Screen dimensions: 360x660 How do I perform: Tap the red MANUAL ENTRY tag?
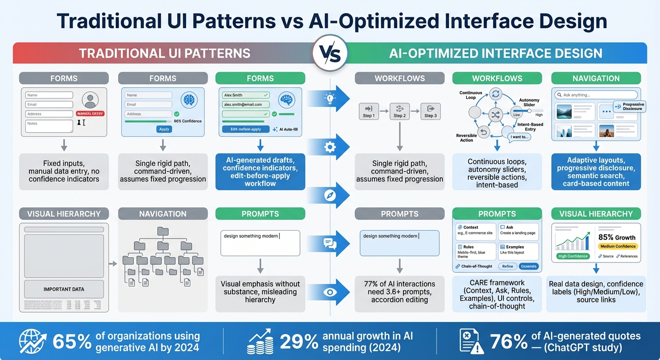(90, 113)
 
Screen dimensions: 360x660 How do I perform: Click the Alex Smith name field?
(246, 95)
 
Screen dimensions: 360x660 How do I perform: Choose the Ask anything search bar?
(596, 95)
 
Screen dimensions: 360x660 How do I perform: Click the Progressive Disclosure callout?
(629, 107)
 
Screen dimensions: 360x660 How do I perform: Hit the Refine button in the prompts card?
(508, 266)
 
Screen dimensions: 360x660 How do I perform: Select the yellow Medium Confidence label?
(618, 246)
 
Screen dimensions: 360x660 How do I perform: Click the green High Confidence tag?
(572, 256)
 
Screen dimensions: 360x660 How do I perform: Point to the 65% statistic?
(72, 342)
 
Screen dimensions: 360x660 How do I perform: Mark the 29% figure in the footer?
(299, 342)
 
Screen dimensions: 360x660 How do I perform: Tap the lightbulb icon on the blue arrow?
(330, 98)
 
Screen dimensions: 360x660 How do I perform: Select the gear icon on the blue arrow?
(330, 147)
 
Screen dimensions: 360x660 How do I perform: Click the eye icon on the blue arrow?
(330, 292)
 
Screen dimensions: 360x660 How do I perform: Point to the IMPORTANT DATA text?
(64, 289)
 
